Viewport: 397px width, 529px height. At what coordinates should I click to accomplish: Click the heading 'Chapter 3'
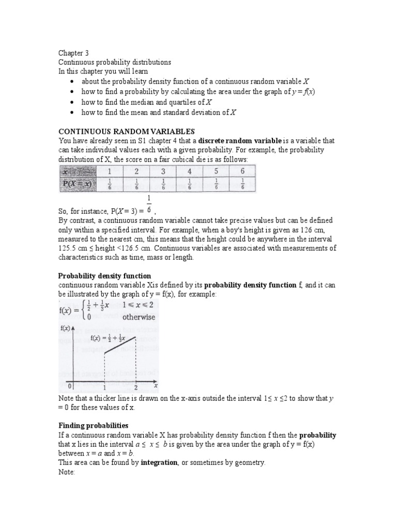click(73, 53)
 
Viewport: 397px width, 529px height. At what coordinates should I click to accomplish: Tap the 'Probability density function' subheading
click(104, 276)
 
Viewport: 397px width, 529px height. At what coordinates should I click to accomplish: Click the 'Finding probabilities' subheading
click(93, 425)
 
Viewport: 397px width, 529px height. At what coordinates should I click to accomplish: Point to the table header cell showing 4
click(189, 171)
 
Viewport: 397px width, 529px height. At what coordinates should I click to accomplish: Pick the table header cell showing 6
click(243, 171)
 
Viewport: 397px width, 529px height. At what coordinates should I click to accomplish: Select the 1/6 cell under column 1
click(109, 185)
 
